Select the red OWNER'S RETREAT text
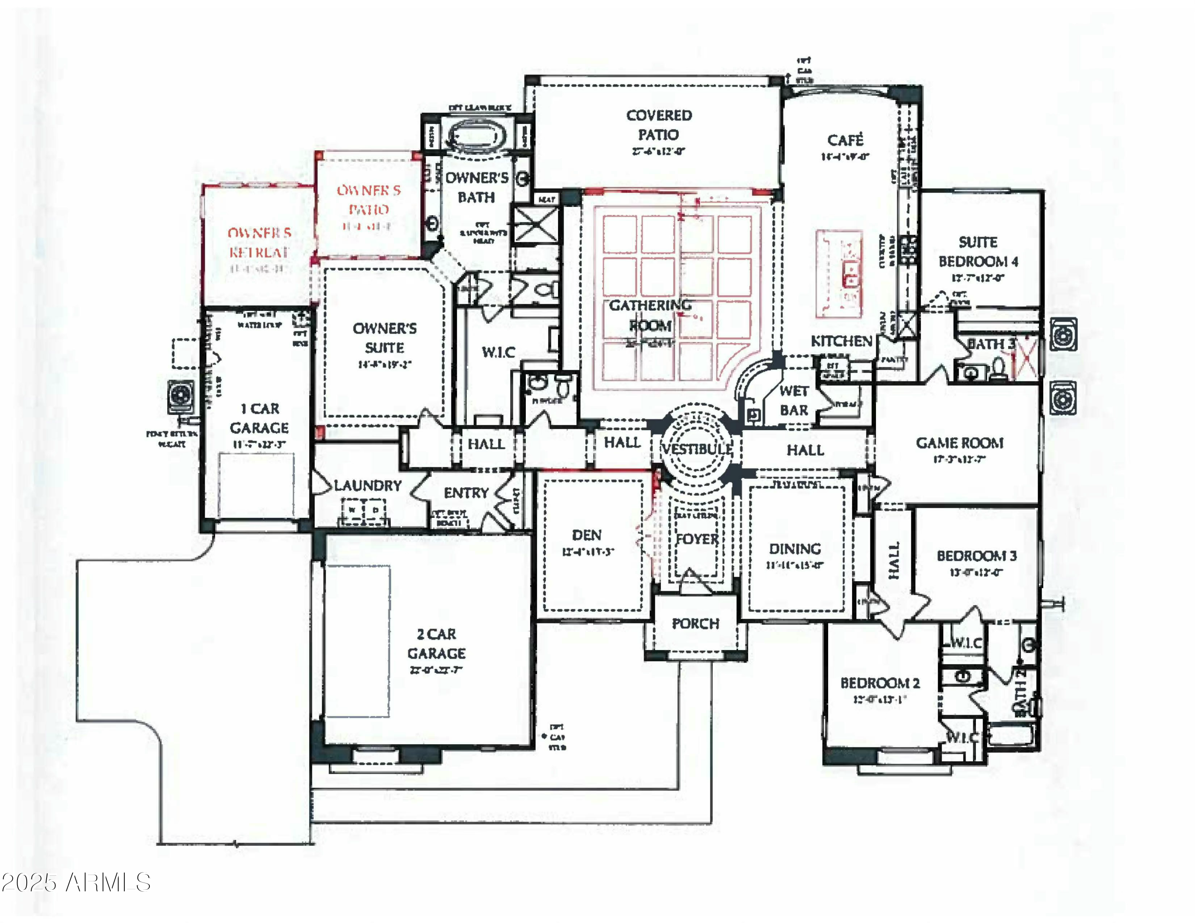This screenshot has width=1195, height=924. coord(259,242)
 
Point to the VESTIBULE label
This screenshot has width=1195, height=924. coord(697,449)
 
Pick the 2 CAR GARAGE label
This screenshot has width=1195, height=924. coord(436,644)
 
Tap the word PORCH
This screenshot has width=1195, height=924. coord(695,623)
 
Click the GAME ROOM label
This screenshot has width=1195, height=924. coord(960,443)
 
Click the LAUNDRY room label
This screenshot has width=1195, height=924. coord(368,486)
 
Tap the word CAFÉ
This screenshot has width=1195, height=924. coord(845,140)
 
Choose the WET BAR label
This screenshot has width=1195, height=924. coord(794,401)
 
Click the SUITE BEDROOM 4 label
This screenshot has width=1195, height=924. coord(978,252)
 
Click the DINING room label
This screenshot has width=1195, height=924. coord(795,549)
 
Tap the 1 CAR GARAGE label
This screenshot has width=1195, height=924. coord(259,418)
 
